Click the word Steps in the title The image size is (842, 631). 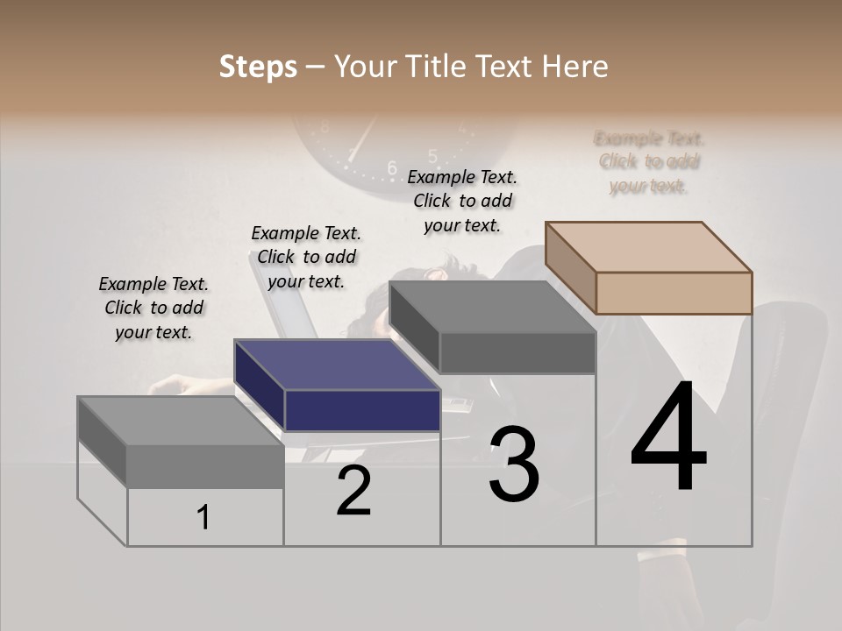(258, 67)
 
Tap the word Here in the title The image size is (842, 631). (574, 67)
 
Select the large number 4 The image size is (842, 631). (669, 438)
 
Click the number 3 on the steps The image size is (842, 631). (514, 464)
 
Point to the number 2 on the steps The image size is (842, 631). (353, 491)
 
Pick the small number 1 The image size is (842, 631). (203, 518)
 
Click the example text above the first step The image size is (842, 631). (153, 308)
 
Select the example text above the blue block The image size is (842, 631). (306, 257)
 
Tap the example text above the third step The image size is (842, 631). (462, 201)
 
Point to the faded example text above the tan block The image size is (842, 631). (649, 161)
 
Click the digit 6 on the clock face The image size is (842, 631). (392, 167)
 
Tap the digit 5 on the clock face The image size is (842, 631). (432, 156)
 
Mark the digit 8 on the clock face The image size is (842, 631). (325, 128)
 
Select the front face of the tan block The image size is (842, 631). (674, 293)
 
